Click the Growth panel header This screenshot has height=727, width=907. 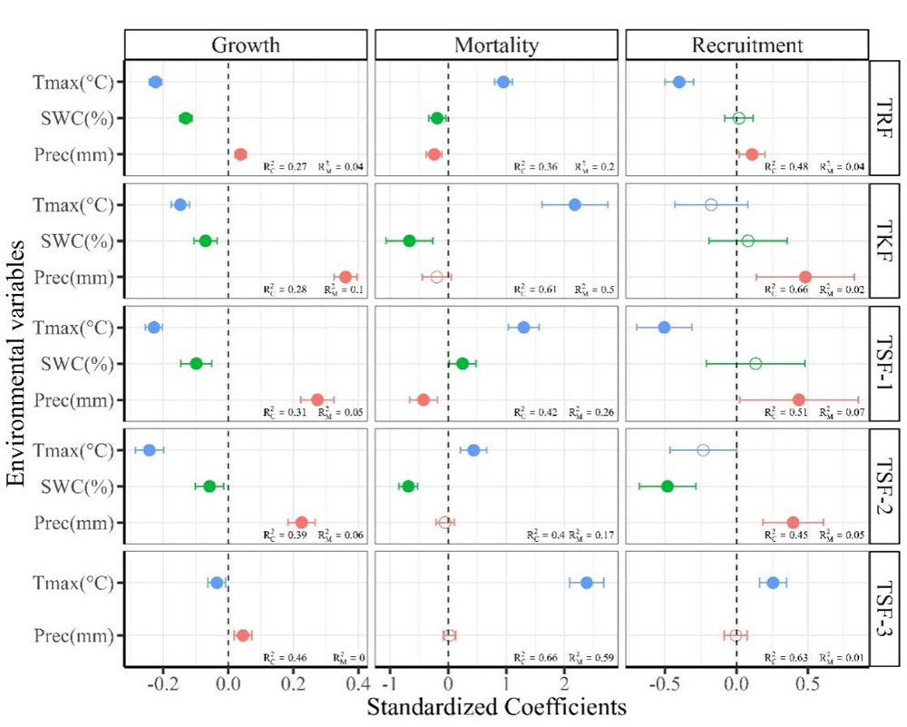pos(245,44)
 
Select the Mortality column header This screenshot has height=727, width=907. pos(496,44)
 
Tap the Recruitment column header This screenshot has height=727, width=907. pos(746,44)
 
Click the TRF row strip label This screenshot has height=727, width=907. pos(884,118)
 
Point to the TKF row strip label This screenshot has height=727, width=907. pos(884,241)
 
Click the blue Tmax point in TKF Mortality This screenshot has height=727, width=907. pos(575,204)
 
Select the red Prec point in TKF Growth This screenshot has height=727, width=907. pos(345,277)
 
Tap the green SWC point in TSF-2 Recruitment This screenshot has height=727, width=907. pos(668,486)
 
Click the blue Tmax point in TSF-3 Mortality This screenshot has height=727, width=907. pos(586,583)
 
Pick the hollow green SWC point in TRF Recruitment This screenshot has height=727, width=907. pos(739,118)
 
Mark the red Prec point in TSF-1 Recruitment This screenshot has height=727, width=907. pos(798,399)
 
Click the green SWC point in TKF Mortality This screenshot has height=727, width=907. pos(409,241)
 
